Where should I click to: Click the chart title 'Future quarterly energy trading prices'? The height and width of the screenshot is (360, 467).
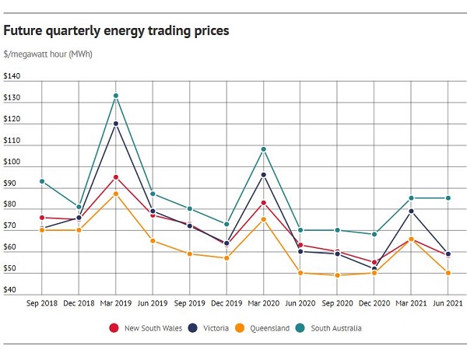116,31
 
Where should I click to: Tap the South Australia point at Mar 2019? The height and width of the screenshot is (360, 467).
116,96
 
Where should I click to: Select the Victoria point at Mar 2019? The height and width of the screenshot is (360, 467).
116,124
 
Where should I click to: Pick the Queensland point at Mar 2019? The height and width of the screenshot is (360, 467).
116,194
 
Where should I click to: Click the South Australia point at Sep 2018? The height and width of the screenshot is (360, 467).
42,181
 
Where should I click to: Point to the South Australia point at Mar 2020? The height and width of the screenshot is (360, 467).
264,149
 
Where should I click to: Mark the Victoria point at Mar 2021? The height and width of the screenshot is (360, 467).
411,211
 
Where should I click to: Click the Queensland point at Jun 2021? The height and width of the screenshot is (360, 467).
448,273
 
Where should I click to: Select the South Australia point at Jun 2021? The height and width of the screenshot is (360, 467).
448,197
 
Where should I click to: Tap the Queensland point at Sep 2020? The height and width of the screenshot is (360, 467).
338,275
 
